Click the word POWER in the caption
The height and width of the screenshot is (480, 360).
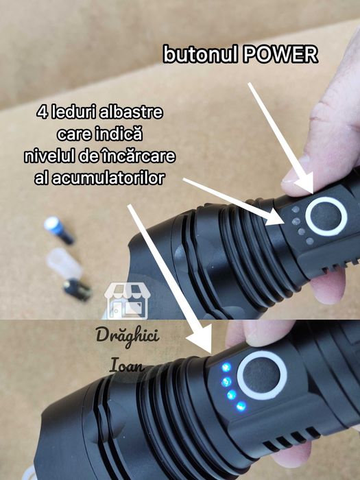click(280, 54)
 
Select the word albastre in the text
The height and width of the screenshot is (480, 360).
click(132, 112)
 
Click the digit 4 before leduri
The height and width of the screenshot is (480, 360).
click(42, 112)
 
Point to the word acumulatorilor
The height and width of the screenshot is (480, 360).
click(108, 178)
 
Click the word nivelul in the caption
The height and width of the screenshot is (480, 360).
click(50, 156)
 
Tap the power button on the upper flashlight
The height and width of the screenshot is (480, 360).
click(326, 216)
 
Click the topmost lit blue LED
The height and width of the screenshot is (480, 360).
click(226, 367)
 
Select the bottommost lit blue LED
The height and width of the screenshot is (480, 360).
click(241, 406)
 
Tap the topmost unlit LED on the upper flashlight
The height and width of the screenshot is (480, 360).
click(296, 209)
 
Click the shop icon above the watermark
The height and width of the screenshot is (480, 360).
click(127, 300)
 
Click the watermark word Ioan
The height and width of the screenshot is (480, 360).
click(127, 365)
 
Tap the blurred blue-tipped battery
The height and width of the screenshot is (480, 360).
click(59, 230)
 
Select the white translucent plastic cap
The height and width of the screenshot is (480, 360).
click(64, 263)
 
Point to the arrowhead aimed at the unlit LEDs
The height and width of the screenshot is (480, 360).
click(275, 217)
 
